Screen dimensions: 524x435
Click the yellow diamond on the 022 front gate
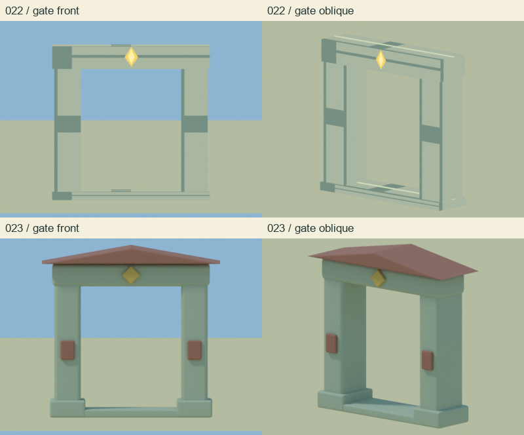pos(132,57)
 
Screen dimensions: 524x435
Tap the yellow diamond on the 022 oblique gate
pos(381,60)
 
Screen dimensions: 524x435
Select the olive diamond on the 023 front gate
pos(131,275)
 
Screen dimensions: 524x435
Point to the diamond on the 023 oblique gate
pos(379,278)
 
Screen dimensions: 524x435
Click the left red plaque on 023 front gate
pos(67,350)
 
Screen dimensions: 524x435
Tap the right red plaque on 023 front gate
pos(194,350)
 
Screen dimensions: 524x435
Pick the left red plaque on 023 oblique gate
pos(331,343)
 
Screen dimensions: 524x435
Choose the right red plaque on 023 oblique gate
pos(428,360)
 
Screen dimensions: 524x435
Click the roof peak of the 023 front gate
pos(130,246)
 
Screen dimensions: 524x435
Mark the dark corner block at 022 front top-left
pos(62,57)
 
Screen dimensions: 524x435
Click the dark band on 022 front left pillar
pos(68,124)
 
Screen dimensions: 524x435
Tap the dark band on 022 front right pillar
pos(195,124)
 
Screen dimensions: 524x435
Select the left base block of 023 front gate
pos(67,407)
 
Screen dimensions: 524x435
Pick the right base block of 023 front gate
pos(195,407)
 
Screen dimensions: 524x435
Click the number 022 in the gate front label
pos(14,10)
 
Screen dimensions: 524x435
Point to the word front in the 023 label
pos(67,229)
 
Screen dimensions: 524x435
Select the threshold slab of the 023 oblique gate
pos(381,406)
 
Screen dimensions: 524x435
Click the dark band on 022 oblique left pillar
pos(335,117)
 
